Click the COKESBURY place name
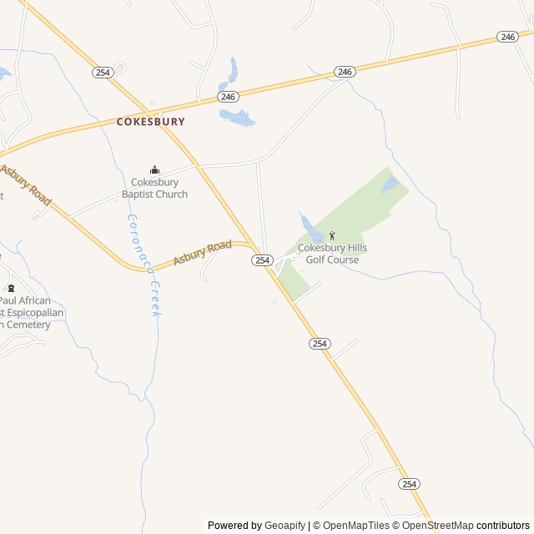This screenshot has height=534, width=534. pyautogui.click(x=151, y=121)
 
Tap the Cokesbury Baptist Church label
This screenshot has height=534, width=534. pyautogui.click(x=154, y=189)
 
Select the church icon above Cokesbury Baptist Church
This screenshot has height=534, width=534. pyautogui.click(x=154, y=170)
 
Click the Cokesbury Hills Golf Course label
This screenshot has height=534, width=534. pyautogui.click(x=332, y=254)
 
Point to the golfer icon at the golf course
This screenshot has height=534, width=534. pyautogui.click(x=332, y=236)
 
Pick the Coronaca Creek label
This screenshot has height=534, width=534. pyautogui.click(x=143, y=264)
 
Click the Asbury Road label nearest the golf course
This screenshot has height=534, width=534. pyautogui.click(x=202, y=253)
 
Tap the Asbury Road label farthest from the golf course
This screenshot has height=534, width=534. pyautogui.click(x=25, y=184)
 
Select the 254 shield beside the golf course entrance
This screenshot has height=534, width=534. pyautogui.click(x=262, y=260)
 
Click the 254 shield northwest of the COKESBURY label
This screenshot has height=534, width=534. pyautogui.click(x=102, y=73)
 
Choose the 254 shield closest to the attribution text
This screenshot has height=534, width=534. pyautogui.click(x=409, y=484)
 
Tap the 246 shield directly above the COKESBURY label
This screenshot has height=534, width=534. pyautogui.click(x=228, y=97)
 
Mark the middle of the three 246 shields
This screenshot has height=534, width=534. pyautogui.click(x=345, y=72)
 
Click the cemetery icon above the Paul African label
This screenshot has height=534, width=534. pyautogui.click(x=11, y=288)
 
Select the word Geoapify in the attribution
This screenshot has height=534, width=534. pyautogui.click(x=285, y=526)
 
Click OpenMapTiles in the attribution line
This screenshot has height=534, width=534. pyautogui.click(x=356, y=526)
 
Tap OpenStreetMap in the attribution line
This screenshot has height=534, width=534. pyautogui.click(x=437, y=526)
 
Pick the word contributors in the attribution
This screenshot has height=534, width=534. pyautogui.click(x=504, y=526)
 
